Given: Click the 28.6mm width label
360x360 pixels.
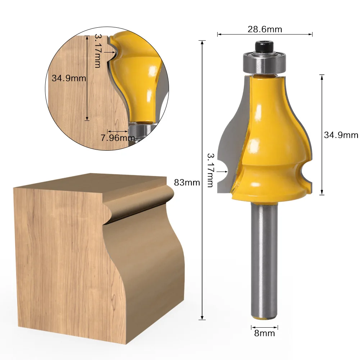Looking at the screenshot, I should click(x=264, y=29).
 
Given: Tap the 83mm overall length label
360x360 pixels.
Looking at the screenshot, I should click(x=187, y=182).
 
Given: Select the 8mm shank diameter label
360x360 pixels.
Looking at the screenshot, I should click(x=264, y=333).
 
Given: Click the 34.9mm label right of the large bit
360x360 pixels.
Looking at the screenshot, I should click(x=341, y=135).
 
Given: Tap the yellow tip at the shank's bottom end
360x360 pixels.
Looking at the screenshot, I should click(x=264, y=317).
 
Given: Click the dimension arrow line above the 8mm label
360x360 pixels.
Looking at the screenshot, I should click(x=264, y=327).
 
